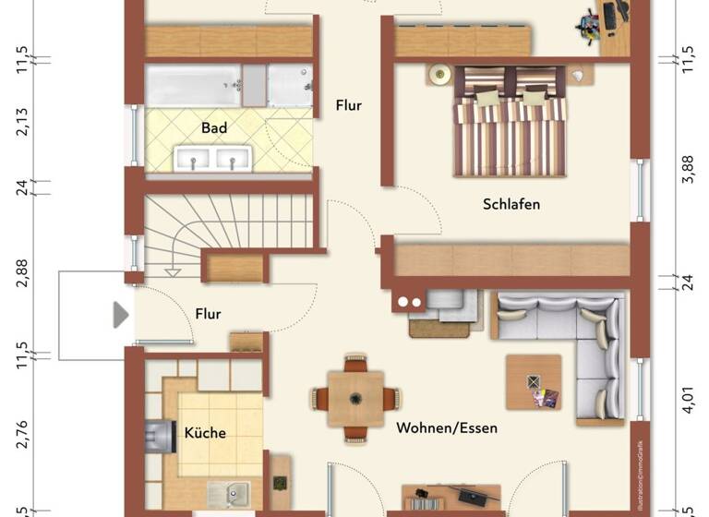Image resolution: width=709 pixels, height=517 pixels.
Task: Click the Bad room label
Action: coord(214,128)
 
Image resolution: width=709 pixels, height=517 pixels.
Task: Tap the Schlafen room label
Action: coord(511,204)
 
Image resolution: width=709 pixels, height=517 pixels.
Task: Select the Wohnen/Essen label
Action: coord(447,428)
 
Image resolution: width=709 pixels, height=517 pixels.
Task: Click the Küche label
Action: coord(205,432)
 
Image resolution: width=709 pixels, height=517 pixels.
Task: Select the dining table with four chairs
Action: coord(355,399)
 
